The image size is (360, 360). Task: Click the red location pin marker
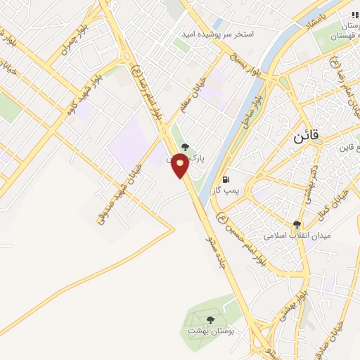click(x=180, y=165)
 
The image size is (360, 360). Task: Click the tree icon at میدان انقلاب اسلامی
click(x=297, y=224)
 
